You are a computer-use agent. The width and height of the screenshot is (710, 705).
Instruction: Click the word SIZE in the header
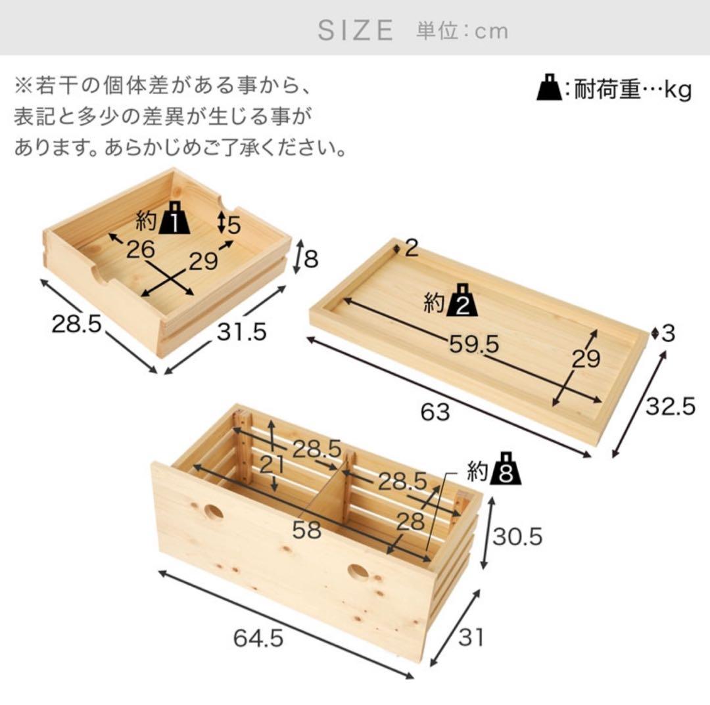(356, 30)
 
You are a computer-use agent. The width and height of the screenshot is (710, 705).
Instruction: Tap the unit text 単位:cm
(462, 30)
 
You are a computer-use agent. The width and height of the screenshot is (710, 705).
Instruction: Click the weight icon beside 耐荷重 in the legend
(548, 89)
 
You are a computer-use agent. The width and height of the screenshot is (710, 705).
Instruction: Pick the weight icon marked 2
(461, 302)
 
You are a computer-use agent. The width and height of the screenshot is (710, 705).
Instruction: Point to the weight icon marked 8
(505, 468)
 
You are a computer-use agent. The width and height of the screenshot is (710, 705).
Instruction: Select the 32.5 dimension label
(670, 407)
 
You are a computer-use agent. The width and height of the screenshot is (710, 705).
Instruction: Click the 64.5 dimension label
(257, 638)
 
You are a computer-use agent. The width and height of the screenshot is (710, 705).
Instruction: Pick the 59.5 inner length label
(475, 344)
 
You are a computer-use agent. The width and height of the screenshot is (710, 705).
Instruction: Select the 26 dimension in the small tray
(141, 249)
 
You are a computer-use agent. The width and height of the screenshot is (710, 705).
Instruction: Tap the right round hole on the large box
(358, 572)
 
